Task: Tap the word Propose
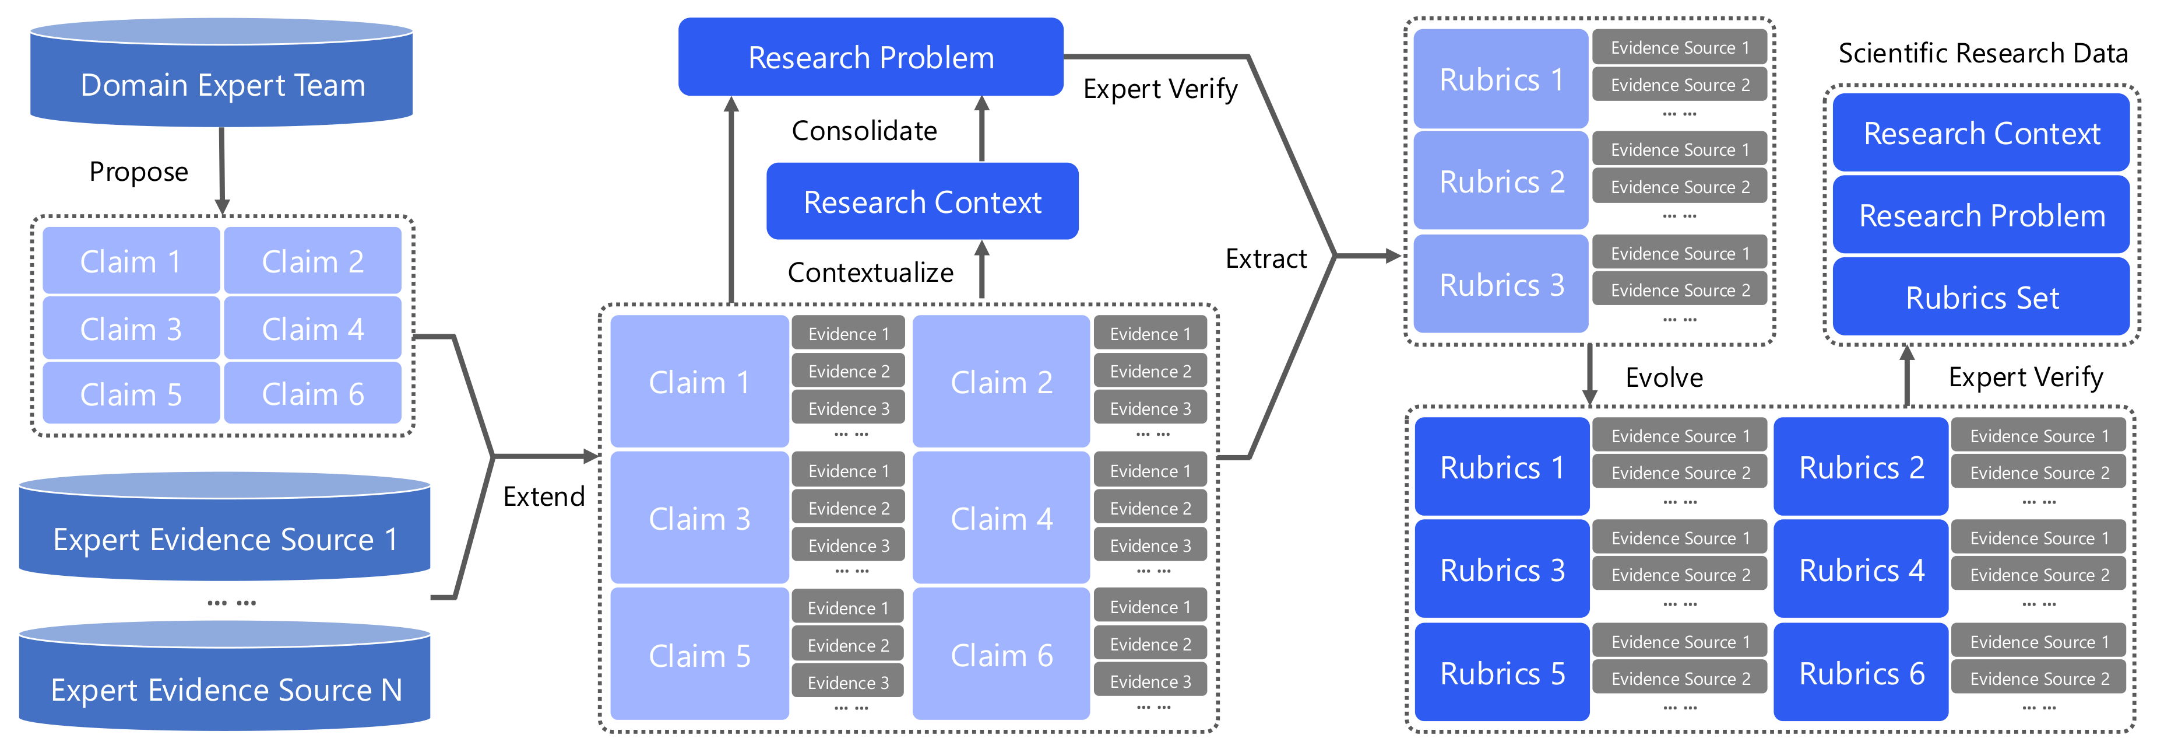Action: [138, 172]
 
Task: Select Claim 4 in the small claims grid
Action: [312, 328]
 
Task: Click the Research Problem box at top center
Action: [871, 57]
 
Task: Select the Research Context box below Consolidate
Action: [922, 202]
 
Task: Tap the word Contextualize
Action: [870, 272]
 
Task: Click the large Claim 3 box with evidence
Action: [699, 519]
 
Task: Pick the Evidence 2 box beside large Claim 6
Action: [1150, 643]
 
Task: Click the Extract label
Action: [1265, 259]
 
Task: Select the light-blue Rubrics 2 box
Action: [1501, 181]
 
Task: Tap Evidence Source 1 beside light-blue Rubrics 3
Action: [1679, 253]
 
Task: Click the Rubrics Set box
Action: [1981, 298]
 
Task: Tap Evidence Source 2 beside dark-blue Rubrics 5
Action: [1680, 679]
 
